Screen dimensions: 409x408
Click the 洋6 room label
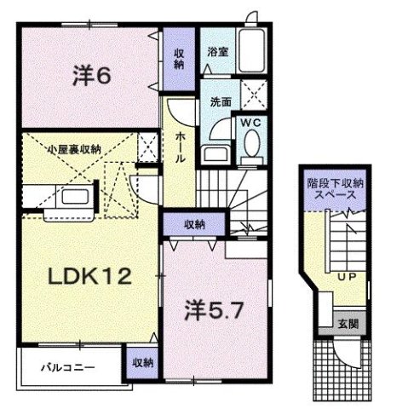[x=91, y=76]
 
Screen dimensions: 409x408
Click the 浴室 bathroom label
[x=216, y=52]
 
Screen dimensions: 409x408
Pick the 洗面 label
[x=221, y=101]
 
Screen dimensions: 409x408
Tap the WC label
[x=250, y=123]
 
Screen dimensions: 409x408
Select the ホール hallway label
[x=181, y=147]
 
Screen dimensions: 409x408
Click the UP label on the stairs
[x=347, y=277]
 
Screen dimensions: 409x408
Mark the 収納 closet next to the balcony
[x=142, y=362]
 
